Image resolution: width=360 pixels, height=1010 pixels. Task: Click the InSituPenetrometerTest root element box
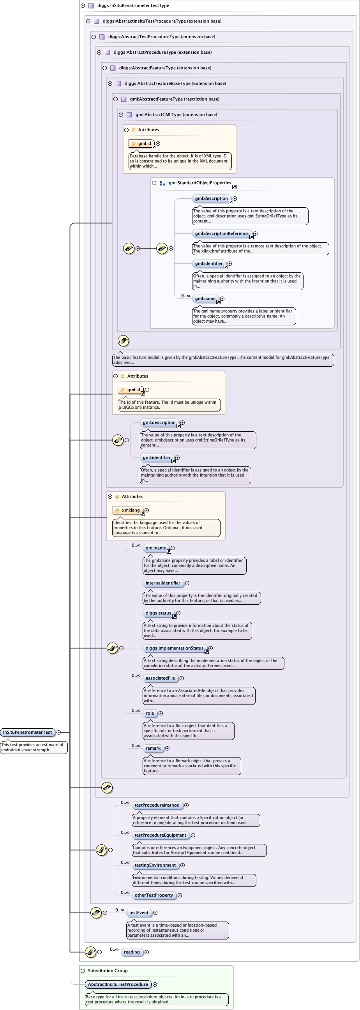[x=27, y=732]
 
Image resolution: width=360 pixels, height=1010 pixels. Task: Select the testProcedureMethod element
[x=157, y=805]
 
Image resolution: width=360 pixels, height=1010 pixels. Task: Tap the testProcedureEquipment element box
[x=161, y=835]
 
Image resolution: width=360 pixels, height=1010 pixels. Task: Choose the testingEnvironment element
[x=155, y=865]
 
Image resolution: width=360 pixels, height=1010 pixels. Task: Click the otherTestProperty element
[x=154, y=895]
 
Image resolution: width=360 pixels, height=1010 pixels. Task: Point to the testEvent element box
[x=139, y=913]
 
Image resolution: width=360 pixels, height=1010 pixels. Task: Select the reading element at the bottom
[x=132, y=952]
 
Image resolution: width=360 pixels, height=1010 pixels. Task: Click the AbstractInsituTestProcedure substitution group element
[x=118, y=984]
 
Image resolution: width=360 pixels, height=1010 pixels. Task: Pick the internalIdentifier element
[x=163, y=583]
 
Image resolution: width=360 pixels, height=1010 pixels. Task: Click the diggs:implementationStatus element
[x=175, y=648]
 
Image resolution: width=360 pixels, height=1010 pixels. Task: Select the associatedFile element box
[x=160, y=678]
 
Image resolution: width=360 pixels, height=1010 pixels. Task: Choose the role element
[x=150, y=713]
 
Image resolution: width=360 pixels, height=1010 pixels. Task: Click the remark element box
[x=153, y=748]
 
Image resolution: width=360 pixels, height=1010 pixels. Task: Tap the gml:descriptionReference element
[x=222, y=234]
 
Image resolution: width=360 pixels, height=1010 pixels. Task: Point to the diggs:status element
[x=159, y=613]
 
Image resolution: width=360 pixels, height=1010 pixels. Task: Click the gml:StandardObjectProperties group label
[x=199, y=183]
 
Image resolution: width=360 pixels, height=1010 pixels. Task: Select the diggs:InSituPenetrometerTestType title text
[x=133, y=5]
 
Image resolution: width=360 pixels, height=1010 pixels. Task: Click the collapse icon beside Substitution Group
[x=83, y=971]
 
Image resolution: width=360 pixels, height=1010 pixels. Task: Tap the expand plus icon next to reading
[x=146, y=952]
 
